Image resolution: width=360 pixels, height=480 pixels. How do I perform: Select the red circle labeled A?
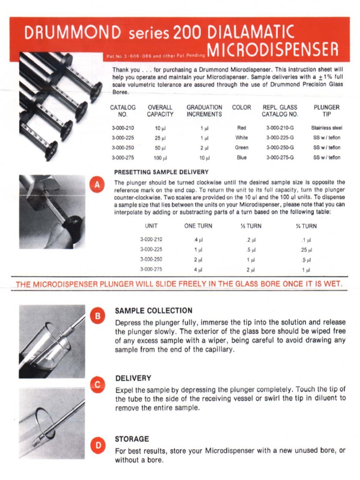click(x=97, y=185)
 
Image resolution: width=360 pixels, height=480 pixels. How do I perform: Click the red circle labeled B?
click(x=98, y=316)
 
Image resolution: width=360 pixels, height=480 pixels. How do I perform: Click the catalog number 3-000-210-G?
click(x=280, y=127)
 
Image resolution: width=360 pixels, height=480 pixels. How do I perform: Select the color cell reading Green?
click(x=241, y=148)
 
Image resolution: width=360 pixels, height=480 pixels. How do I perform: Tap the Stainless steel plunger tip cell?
click(x=327, y=127)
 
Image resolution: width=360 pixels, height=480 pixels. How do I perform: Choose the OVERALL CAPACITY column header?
click(x=160, y=111)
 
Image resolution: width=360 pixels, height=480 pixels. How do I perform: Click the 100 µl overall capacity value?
click(x=160, y=158)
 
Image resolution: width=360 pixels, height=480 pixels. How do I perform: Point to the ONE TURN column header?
click(x=198, y=226)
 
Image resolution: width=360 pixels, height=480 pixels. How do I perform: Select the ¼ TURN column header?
click(x=306, y=226)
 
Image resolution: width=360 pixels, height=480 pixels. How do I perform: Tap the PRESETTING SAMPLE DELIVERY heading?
click(x=161, y=172)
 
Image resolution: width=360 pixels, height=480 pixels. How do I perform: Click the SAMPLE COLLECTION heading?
click(x=154, y=311)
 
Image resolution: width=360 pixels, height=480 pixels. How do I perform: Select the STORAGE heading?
click(x=132, y=439)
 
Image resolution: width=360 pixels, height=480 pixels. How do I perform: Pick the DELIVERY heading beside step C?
click(x=133, y=378)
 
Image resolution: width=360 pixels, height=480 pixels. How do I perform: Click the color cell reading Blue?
click(x=241, y=158)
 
